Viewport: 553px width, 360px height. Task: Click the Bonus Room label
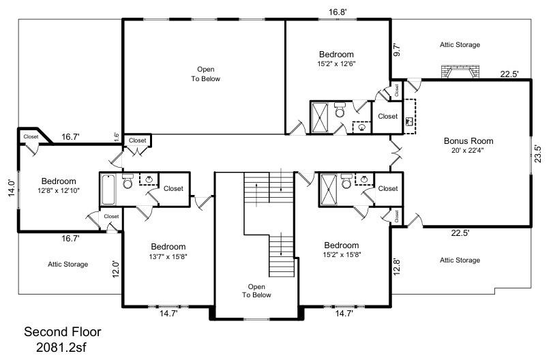point(468,141)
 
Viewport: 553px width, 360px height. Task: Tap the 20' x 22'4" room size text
point(468,151)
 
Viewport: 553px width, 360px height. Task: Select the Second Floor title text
point(63,332)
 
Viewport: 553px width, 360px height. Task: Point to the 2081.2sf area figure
point(63,347)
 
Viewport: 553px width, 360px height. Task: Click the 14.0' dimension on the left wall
point(11,187)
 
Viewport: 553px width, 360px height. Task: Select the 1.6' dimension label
point(117,136)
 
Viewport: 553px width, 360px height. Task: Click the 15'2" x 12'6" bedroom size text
point(336,64)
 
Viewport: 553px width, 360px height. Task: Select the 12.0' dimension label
point(116,269)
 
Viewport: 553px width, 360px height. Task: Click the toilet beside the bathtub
point(127,182)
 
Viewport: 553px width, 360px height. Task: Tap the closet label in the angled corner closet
point(31,136)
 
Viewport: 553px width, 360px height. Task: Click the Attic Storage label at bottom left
point(68,264)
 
